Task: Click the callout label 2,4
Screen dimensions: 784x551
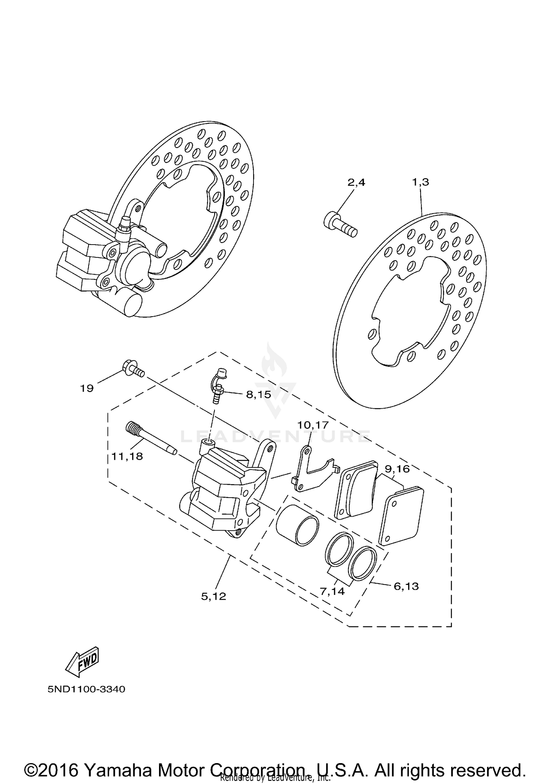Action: click(x=356, y=182)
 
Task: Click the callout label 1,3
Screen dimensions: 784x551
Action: click(x=421, y=182)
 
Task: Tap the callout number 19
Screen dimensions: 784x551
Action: click(x=87, y=388)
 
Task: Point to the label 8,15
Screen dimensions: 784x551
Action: click(x=258, y=394)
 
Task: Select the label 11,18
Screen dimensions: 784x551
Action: click(x=127, y=456)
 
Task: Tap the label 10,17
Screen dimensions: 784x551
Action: click(x=313, y=425)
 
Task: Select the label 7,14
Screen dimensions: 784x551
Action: click(x=332, y=591)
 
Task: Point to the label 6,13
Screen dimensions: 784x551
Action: click(x=406, y=586)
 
